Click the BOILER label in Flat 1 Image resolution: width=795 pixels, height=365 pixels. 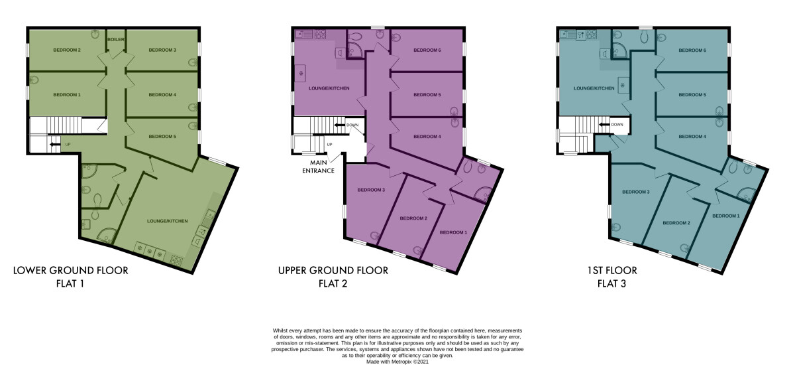(x=116, y=39)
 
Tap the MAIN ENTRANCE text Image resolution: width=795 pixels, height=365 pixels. (x=319, y=167)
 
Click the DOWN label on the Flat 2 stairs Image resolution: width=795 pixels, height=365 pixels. (x=352, y=125)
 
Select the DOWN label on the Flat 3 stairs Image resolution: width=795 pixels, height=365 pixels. (x=617, y=124)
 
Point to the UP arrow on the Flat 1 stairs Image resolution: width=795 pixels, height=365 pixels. (x=54, y=144)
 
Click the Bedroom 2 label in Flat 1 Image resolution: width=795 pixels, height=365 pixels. (x=67, y=50)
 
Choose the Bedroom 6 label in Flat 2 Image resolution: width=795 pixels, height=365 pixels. (x=427, y=50)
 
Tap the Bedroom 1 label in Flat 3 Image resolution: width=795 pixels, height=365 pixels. (x=726, y=216)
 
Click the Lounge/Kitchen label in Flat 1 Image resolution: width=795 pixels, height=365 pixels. (x=168, y=221)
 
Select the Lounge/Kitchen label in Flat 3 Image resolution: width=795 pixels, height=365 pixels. (x=594, y=88)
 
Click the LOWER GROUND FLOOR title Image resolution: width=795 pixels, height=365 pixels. (x=71, y=271)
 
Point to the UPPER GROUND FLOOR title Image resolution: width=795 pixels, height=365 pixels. (x=333, y=271)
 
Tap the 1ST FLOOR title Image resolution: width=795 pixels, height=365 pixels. (x=612, y=271)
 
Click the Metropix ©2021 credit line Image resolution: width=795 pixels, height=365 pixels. (x=397, y=362)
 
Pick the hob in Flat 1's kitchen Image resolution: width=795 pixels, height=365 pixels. (x=176, y=261)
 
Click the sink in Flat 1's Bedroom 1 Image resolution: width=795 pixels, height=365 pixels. (x=34, y=80)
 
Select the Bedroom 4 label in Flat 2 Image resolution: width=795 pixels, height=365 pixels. (x=427, y=137)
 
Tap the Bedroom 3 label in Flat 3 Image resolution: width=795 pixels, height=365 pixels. (x=635, y=192)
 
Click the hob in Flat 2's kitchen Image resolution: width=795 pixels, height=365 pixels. (x=321, y=34)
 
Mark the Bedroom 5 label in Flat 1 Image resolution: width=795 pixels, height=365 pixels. (x=162, y=137)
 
